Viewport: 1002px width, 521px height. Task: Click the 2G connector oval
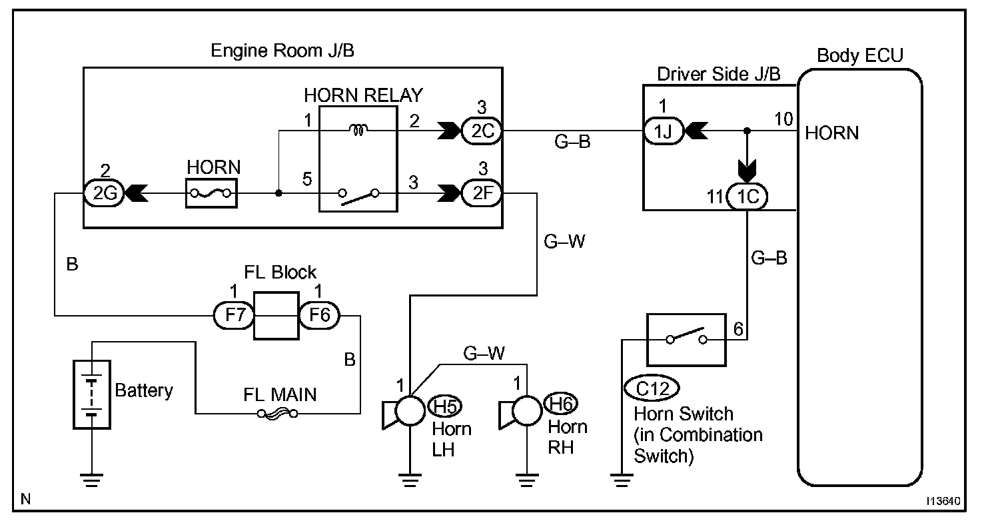[104, 193]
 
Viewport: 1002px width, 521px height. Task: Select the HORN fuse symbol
[211, 193]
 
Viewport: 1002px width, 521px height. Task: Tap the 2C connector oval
[482, 131]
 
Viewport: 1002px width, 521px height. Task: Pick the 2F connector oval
[482, 193]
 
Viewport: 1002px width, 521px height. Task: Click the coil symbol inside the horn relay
[358, 130]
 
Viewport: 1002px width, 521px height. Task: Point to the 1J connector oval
[664, 131]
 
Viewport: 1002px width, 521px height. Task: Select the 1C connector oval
[747, 197]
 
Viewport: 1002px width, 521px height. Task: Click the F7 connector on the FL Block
[234, 315]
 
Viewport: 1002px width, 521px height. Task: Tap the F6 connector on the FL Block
[319, 315]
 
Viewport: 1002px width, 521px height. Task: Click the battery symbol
[92, 394]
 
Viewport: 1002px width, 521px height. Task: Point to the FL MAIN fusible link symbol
[277, 414]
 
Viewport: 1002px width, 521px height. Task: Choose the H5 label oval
[445, 406]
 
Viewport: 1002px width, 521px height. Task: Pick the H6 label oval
[561, 404]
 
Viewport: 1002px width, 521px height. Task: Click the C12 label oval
[652, 388]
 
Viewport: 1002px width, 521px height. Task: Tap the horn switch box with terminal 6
[686, 340]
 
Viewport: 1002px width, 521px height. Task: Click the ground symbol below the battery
[92, 480]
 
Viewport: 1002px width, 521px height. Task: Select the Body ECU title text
[859, 55]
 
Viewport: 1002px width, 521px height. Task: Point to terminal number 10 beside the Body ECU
[783, 119]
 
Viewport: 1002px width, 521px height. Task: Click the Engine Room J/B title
[282, 51]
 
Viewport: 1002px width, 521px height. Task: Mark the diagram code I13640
[943, 501]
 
